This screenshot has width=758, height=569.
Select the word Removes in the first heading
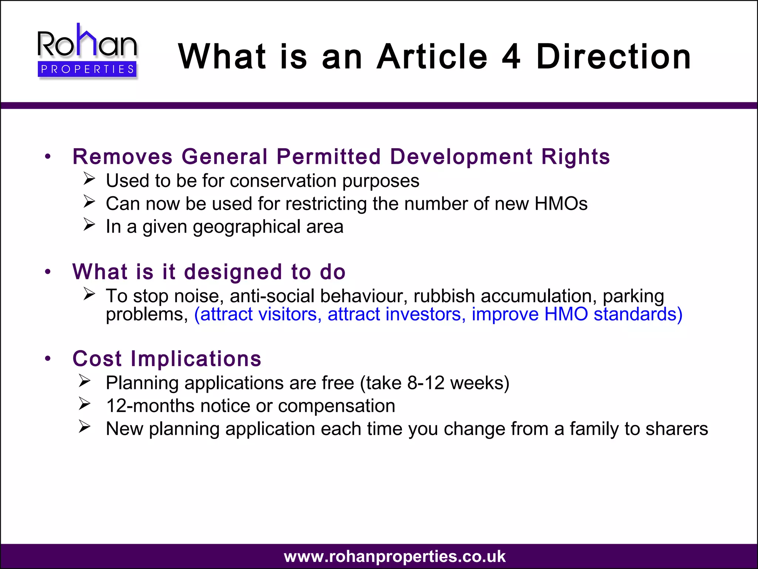tap(123, 156)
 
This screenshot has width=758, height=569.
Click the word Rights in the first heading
tap(576, 156)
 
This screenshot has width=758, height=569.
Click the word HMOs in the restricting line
tap(561, 204)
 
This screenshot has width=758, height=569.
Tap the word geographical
tap(246, 227)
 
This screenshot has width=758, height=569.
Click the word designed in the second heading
tap(233, 272)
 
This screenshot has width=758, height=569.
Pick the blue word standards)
tap(638, 314)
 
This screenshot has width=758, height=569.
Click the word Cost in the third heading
tap(97, 359)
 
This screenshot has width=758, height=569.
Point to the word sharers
tap(677, 429)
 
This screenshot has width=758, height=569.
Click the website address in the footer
tap(395, 556)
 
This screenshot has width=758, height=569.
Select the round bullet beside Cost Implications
tap(47, 359)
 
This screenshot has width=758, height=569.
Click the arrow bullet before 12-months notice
tap(85, 404)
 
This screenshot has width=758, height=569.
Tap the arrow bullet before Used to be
tap(89, 179)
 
